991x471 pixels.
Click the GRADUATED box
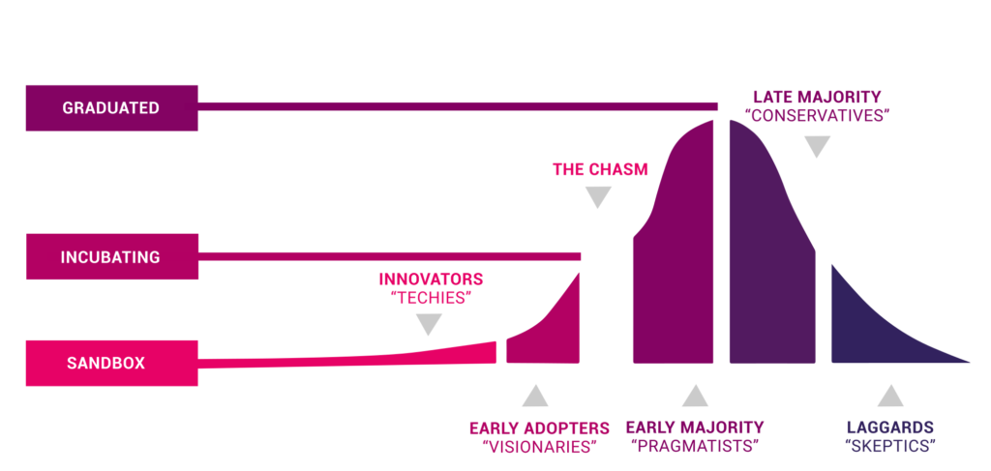pos(112,108)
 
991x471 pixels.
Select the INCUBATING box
pos(112,256)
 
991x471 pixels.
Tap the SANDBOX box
pos(112,363)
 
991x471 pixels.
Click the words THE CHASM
pos(600,169)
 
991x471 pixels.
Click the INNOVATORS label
pos(431,279)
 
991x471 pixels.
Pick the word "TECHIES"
pos(431,298)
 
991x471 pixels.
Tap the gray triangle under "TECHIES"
pos(429,325)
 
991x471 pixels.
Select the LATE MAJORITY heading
pos(817,97)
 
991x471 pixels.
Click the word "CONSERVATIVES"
pos(817,116)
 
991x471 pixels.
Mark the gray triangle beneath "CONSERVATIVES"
pos(817,146)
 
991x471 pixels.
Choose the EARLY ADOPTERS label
pos(539,428)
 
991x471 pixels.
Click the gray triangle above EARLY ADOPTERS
pos(534,396)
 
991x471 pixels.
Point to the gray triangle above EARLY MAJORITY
pos(695,396)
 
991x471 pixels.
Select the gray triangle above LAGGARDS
pos(890,396)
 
